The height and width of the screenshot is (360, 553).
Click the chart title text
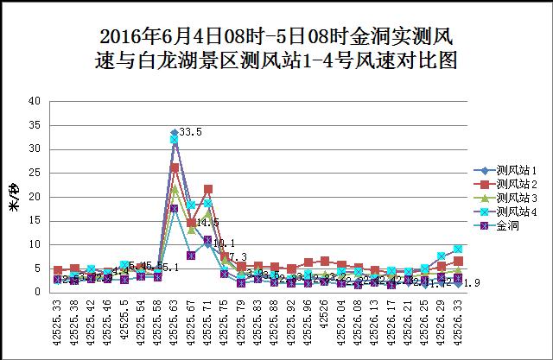tap(276, 48)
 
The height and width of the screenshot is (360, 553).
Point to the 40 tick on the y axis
tap(35, 101)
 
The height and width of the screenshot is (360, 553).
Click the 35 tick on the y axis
tap(35, 125)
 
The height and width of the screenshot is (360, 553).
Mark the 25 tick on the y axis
tap(35, 173)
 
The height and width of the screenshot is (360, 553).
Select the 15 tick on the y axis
tap(35, 221)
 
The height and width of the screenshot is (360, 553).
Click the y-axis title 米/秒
tap(13, 197)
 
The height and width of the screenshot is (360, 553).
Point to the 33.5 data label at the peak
tap(189, 132)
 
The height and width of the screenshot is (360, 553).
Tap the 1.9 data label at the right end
tap(473, 283)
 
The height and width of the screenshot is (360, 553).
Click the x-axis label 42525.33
tap(58, 319)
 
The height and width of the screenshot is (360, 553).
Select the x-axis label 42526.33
tap(459, 319)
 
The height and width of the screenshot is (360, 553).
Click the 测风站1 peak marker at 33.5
tap(175, 132)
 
